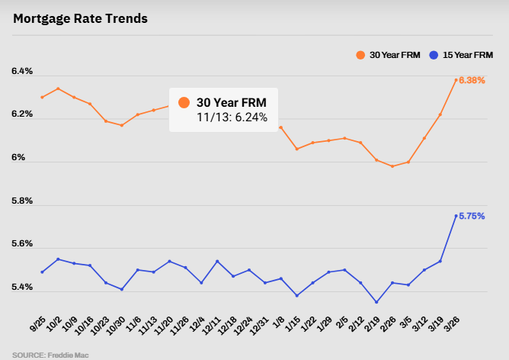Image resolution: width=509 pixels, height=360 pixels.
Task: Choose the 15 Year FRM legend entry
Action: [x=462, y=55]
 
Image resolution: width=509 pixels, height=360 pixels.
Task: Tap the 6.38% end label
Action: [x=472, y=80]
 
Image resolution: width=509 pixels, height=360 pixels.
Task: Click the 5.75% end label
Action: [x=472, y=216]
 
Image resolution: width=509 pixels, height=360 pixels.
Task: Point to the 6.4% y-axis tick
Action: [x=22, y=72]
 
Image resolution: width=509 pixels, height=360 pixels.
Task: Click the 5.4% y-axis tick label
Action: [x=22, y=288]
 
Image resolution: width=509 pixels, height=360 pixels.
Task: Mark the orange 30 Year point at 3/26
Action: [x=456, y=80]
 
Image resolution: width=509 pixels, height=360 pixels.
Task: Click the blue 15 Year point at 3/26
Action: [x=456, y=216]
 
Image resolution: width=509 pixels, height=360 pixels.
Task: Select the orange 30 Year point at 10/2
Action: [x=58, y=88]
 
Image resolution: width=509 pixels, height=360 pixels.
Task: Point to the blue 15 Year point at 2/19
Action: [x=376, y=302]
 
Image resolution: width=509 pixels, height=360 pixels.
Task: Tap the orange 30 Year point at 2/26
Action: [x=392, y=166]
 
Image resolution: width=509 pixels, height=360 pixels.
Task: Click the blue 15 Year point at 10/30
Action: [x=122, y=289]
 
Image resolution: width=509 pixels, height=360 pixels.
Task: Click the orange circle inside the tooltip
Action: [x=184, y=103]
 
